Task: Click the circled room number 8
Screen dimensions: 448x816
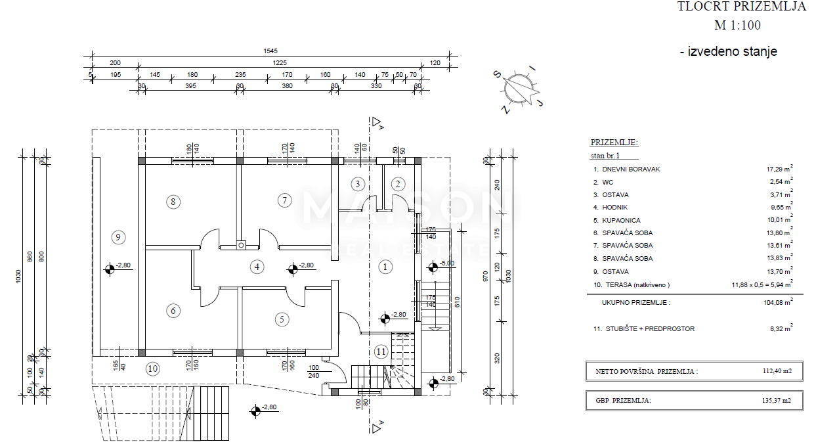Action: pos(173,202)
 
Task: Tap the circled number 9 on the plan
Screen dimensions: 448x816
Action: pos(118,237)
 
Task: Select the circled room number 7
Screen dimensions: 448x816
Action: pos(284,200)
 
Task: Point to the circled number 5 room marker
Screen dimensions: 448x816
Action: pos(282,319)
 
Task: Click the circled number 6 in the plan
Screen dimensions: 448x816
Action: pos(173,311)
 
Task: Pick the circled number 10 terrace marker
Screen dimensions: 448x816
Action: pos(153,369)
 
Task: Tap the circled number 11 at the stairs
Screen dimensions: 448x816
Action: pos(381,351)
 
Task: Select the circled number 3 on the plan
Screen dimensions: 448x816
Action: pos(358,184)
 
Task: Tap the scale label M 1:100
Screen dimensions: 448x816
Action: pos(737,26)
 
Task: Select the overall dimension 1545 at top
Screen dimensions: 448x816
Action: pos(270,51)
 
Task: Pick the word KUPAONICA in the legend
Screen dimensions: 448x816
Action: pos(621,221)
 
